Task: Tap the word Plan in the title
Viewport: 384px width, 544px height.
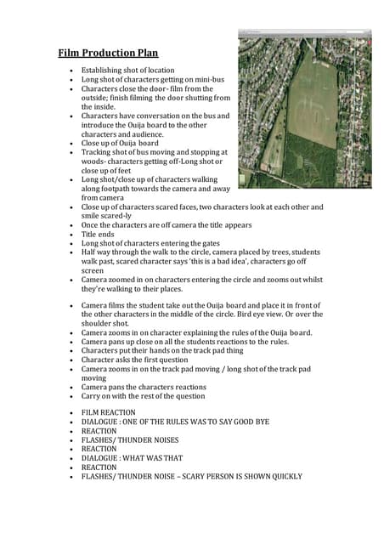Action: tap(148, 54)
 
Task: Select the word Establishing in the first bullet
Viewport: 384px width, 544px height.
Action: tap(104, 70)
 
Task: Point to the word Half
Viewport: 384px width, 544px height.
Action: tap(90, 253)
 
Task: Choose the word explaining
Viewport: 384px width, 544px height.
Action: tap(221, 333)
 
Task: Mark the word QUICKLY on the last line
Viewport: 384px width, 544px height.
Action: tap(283, 477)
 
